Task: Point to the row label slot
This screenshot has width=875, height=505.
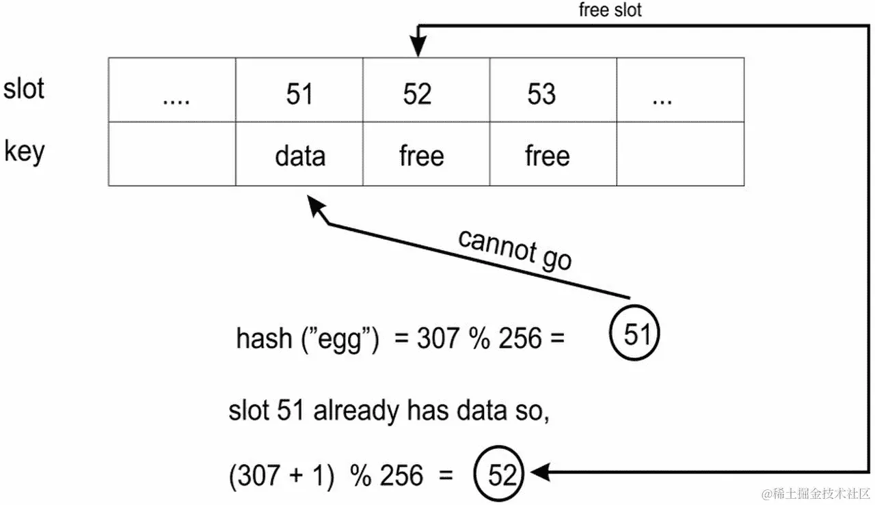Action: pyautogui.click(x=24, y=89)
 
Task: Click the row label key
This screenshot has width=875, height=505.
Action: pyautogui.click(x=24, y=151)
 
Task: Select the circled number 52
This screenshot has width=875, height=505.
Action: pyautogui.click(x=500, y=474)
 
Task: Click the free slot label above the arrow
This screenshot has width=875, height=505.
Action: pyautogui.click(x=610, y=10)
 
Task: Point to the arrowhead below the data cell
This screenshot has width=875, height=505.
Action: pyautogui.click(x=317, y=204)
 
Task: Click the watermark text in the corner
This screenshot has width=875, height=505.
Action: pyautogui.click(x=816, y=493)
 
